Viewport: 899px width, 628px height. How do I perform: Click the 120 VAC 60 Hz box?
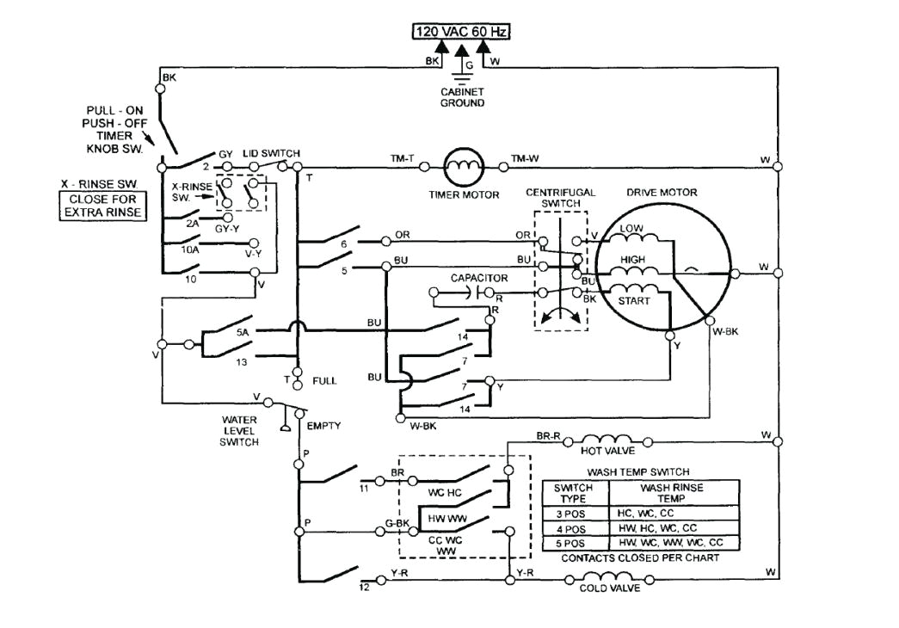click(461, 32)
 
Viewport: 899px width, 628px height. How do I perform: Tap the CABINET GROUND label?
click(462, 96)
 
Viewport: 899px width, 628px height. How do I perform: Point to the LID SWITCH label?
click(271, 153)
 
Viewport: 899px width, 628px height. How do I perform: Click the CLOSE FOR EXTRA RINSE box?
click(102, 206)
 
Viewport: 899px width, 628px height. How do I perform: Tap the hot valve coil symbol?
click(608, 437)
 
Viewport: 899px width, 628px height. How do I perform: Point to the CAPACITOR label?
click(479, 279)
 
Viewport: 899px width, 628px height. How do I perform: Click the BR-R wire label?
click(548, 437)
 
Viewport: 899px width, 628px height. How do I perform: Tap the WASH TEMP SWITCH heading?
click(637, 472)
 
